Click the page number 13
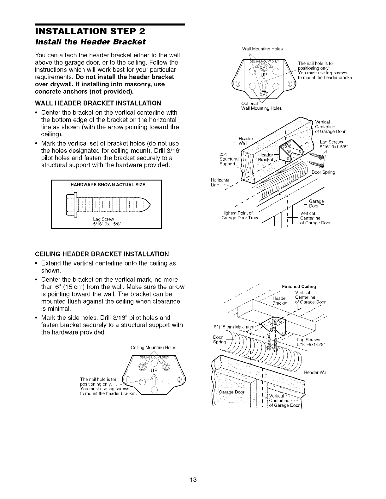click(193, 480)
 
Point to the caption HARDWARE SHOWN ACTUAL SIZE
click(106, 185)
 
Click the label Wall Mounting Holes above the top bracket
click(262, 49)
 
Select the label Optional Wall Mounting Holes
click(261, 106)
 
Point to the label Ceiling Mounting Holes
click(153, 348)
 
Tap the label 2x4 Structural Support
click(227, 159)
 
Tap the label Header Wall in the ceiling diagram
click(316, 372)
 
